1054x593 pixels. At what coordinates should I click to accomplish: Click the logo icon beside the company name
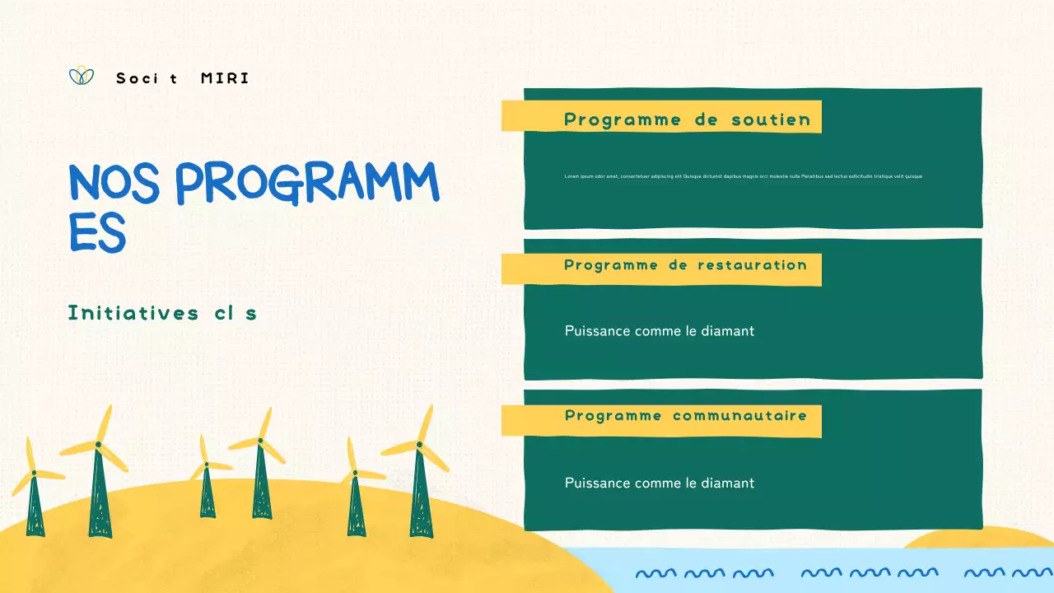click(x=82, y=76)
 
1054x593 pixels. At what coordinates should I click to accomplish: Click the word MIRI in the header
click(x=225, y=79)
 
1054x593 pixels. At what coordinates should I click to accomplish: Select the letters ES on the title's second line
click(x=97, y=233)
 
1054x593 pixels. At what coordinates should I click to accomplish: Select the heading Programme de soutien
click(x=687, y=119)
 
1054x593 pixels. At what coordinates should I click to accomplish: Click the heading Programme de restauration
click(x=685, y=265)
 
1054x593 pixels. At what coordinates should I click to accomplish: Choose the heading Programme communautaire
click(x=685, y=415)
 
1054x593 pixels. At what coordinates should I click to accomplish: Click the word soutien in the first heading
click(x=771, y=119)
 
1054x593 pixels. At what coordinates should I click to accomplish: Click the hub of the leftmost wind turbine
click(x=34, y=473)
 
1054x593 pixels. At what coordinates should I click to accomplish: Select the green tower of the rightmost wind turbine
click(x=421, y=498)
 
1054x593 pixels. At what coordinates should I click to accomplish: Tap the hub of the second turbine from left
click(x=98, y=445)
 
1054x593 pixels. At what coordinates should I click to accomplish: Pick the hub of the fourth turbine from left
click(x=259, y=441)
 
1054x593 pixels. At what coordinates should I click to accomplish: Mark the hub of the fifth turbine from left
click(x=355, y=473)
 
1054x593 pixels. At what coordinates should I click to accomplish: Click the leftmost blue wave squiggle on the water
click(x=655, y=572)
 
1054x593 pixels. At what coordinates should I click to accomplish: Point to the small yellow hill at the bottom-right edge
click(x=980, y=539)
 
